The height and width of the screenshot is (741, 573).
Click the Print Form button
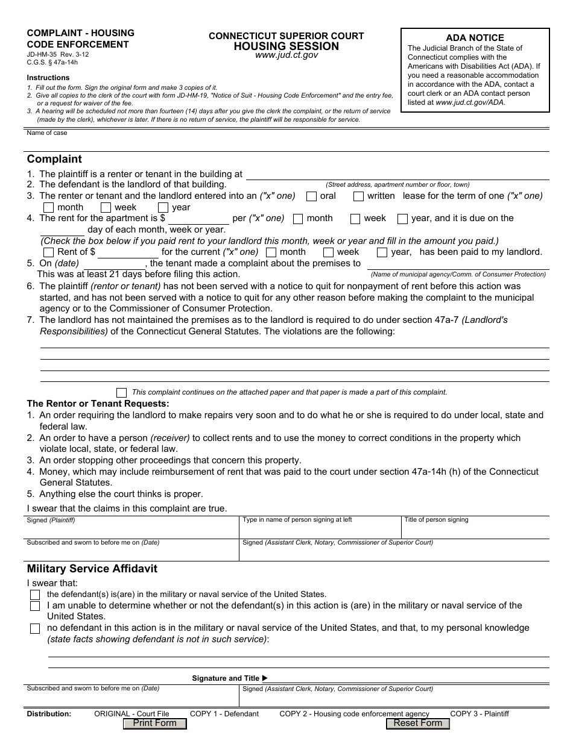tap(154, 724)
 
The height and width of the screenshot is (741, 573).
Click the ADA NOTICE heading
tap(475, 37)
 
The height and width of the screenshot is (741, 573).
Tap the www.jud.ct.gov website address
tap(286, 55)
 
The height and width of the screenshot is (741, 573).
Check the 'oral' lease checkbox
tap(311, 196)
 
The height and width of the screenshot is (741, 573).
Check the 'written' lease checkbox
tap(358, 196)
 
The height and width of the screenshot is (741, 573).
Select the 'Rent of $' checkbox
tap(48, 252)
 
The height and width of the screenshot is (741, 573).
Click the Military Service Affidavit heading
tap(92, 569)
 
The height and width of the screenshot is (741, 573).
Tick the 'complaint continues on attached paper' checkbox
tap(121, 392)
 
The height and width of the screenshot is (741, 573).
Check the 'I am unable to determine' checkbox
tap(35, 606)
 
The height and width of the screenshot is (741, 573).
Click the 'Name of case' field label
tap(47, 133)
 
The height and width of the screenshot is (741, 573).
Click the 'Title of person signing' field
tap(475, 530)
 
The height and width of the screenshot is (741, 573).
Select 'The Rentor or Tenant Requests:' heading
tap(98, 404)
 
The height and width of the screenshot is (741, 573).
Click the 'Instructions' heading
tap(48, 78)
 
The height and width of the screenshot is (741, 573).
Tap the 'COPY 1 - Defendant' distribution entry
tap(224, 714)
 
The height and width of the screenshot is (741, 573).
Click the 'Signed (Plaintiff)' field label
tap(51, 520)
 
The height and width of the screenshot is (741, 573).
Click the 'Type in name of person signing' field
tap(320, 530)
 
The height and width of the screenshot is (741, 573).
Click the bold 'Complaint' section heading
tap(54, 160)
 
